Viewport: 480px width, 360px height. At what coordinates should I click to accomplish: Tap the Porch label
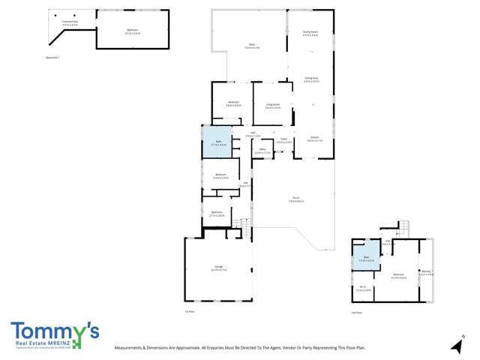tap(297, 200)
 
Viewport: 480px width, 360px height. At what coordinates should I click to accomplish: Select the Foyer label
tap(283, 140)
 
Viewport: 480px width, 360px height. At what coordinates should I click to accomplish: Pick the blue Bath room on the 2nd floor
tap(367, 256)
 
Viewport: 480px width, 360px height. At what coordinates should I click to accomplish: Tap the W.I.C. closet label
tap(362, 288)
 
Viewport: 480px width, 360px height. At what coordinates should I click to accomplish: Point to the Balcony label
tap(427, 274)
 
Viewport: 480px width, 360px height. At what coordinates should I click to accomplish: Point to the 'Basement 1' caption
tap(52, 57)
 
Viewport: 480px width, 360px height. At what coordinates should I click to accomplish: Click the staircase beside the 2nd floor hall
tap(403, 226)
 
